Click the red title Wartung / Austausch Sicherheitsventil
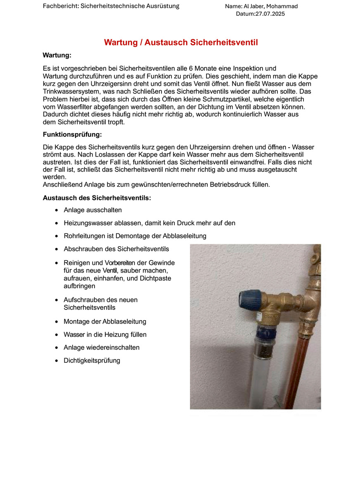coord(181,42)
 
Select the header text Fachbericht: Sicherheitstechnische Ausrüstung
coord(111,6)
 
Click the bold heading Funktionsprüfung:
coord(72,134)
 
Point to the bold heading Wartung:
coord(57,55)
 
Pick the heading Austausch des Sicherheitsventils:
coord(97,198)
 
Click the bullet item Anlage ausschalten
coord(92,210)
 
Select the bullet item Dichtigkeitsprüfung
coord(92,360)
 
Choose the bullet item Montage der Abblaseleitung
coord(105,321)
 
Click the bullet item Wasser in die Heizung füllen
coord(105,334)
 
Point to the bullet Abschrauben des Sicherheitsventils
coord(116,249)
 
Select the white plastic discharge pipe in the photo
coord(259,380)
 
